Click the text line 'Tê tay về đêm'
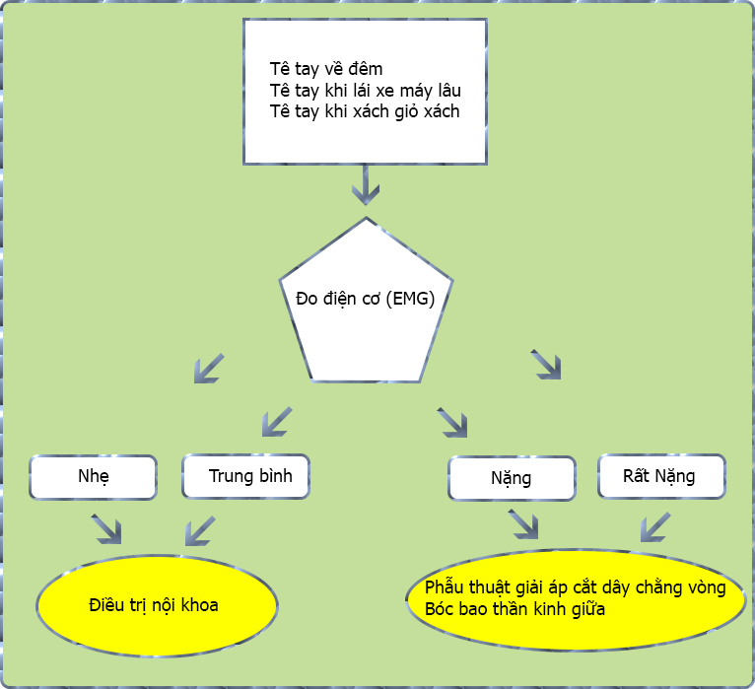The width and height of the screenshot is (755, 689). pyautogui.click(x=325, y=69)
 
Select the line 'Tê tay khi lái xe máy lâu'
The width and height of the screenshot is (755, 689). pyautogui.click(x=365, y=91)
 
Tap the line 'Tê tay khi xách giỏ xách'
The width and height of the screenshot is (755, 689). pyautogui.click(x=365, y=111)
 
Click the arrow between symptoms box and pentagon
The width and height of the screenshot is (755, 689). pyautogui.click(x=366, y=183)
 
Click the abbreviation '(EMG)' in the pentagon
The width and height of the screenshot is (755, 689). pyautogui.click(x=408, y=299)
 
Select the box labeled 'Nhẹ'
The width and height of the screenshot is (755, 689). pyautogui.click(x=94, y=477)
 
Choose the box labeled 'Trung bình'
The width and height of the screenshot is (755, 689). pyautogui.click(x=245, y=476)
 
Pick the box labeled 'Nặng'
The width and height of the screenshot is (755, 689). pyautogui.click(x=512, y=479)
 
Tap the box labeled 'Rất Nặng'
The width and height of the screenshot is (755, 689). pyautogui.click(x=661, y=476)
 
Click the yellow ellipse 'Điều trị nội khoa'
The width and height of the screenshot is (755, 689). pyautogui.click(x=157, y=604)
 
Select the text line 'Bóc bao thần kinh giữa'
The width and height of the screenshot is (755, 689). pyautogui.click(x=515, y=610)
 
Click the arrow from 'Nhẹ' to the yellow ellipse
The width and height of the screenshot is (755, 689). pyautogui.click(x=107, y=530)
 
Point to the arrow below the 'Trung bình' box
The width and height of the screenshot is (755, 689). pyautogui.click(x=200, y=530)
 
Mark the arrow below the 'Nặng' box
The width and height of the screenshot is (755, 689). pyautogui.click(x=524, y=525)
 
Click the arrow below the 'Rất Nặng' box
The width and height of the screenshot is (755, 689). pyautogui.click(x=655, y=526)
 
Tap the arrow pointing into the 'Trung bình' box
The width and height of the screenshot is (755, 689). pyautogui.click(x=277, y=422)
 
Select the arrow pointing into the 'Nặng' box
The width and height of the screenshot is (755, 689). pyautogui.click(x=452, y=422)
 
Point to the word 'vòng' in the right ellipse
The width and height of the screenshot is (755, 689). pyautogui.click(x=705, y=588)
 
